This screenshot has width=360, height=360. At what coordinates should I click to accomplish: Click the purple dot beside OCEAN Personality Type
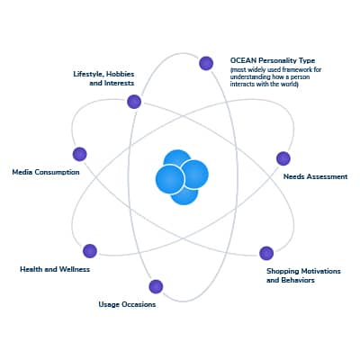click(x=206, y=63)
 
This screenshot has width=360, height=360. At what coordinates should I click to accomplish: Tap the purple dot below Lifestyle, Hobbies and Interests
click(x=134, y=102)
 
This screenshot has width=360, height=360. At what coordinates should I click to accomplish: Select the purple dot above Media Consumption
click(x=80, y=154)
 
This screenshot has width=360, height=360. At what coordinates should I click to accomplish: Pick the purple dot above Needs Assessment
click(x=283, y=158)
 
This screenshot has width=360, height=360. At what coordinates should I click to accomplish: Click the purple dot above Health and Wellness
click(x=90, y=251)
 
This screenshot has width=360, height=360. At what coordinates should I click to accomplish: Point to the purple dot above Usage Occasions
click(x=156, y=286)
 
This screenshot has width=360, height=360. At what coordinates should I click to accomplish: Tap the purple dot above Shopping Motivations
click(x=266, y=253)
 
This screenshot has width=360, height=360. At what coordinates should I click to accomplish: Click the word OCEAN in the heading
click(x=243, y=60)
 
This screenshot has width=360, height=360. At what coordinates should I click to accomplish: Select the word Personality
click(x=278, y=61)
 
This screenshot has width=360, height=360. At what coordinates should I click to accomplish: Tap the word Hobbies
click(x=121, y=74)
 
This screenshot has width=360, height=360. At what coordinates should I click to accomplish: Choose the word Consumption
click(x=57, y=173)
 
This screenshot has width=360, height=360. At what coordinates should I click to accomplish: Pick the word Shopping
click(x=283, y=272)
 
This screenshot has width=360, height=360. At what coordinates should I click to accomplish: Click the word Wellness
click(x=74, y=269)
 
